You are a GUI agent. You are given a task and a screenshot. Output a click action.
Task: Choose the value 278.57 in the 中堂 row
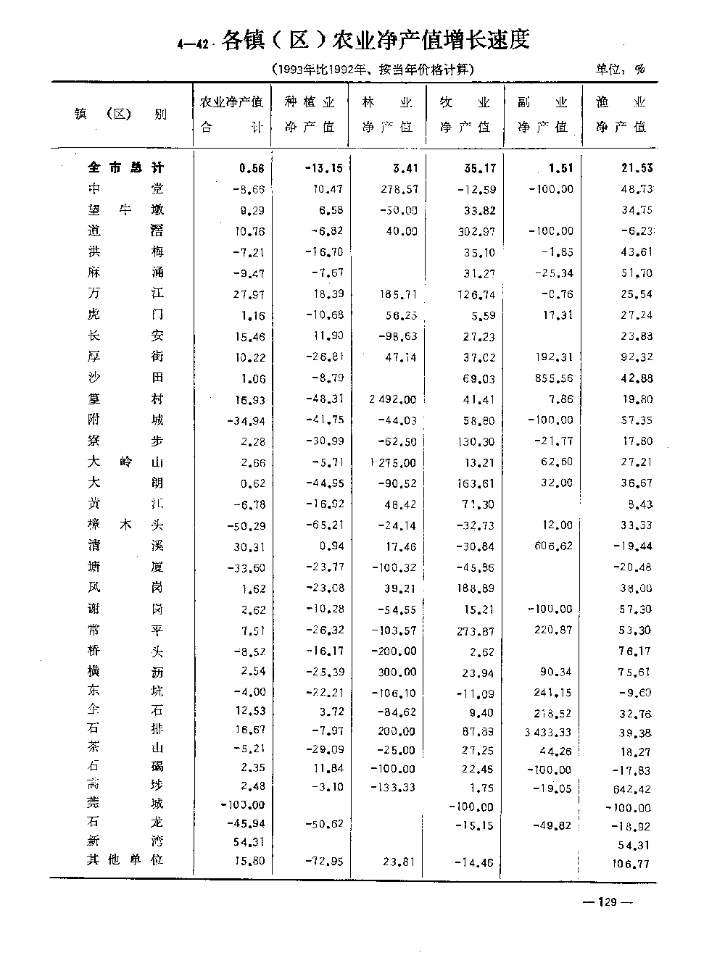point(397,189)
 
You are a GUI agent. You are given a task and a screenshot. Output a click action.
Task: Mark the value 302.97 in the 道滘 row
point(476,231)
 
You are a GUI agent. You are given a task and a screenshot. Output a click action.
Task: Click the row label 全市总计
point(125,168)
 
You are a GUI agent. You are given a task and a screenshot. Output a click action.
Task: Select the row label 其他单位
point(125,859)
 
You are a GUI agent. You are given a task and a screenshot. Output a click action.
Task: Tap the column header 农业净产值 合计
point(231,114)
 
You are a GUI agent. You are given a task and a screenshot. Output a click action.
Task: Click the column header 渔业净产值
point(621,114)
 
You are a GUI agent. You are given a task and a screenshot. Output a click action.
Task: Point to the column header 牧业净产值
point(465,114)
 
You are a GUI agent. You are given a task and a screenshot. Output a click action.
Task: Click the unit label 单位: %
point(620,70)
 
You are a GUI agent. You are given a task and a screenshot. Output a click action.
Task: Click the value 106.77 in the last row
point(631,862)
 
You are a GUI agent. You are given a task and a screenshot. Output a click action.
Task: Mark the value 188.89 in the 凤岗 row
point(477,588)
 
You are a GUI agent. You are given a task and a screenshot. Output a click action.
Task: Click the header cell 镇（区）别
point(120,114)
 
